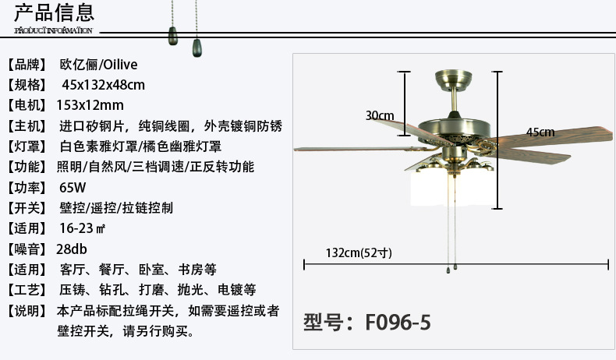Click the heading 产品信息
click(x=55, y=12)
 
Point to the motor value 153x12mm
click(x=90, y=105)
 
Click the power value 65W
click(x=73, y=188)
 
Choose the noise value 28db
click(x=72, y=249)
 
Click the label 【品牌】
click(x=27, y=65)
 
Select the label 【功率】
click(x=27, y=188)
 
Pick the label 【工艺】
click(x=27, y=290)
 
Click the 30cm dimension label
click(x=380, y=115)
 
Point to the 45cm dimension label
click(x=540, y=132)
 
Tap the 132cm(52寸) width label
click(x=358, y=252)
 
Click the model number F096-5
click(x=366, y=321)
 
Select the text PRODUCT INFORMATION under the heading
click(x=54, y=30)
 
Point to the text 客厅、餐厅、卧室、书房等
click(x=137, y=270)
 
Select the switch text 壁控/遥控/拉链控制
click(x=116, y=208)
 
